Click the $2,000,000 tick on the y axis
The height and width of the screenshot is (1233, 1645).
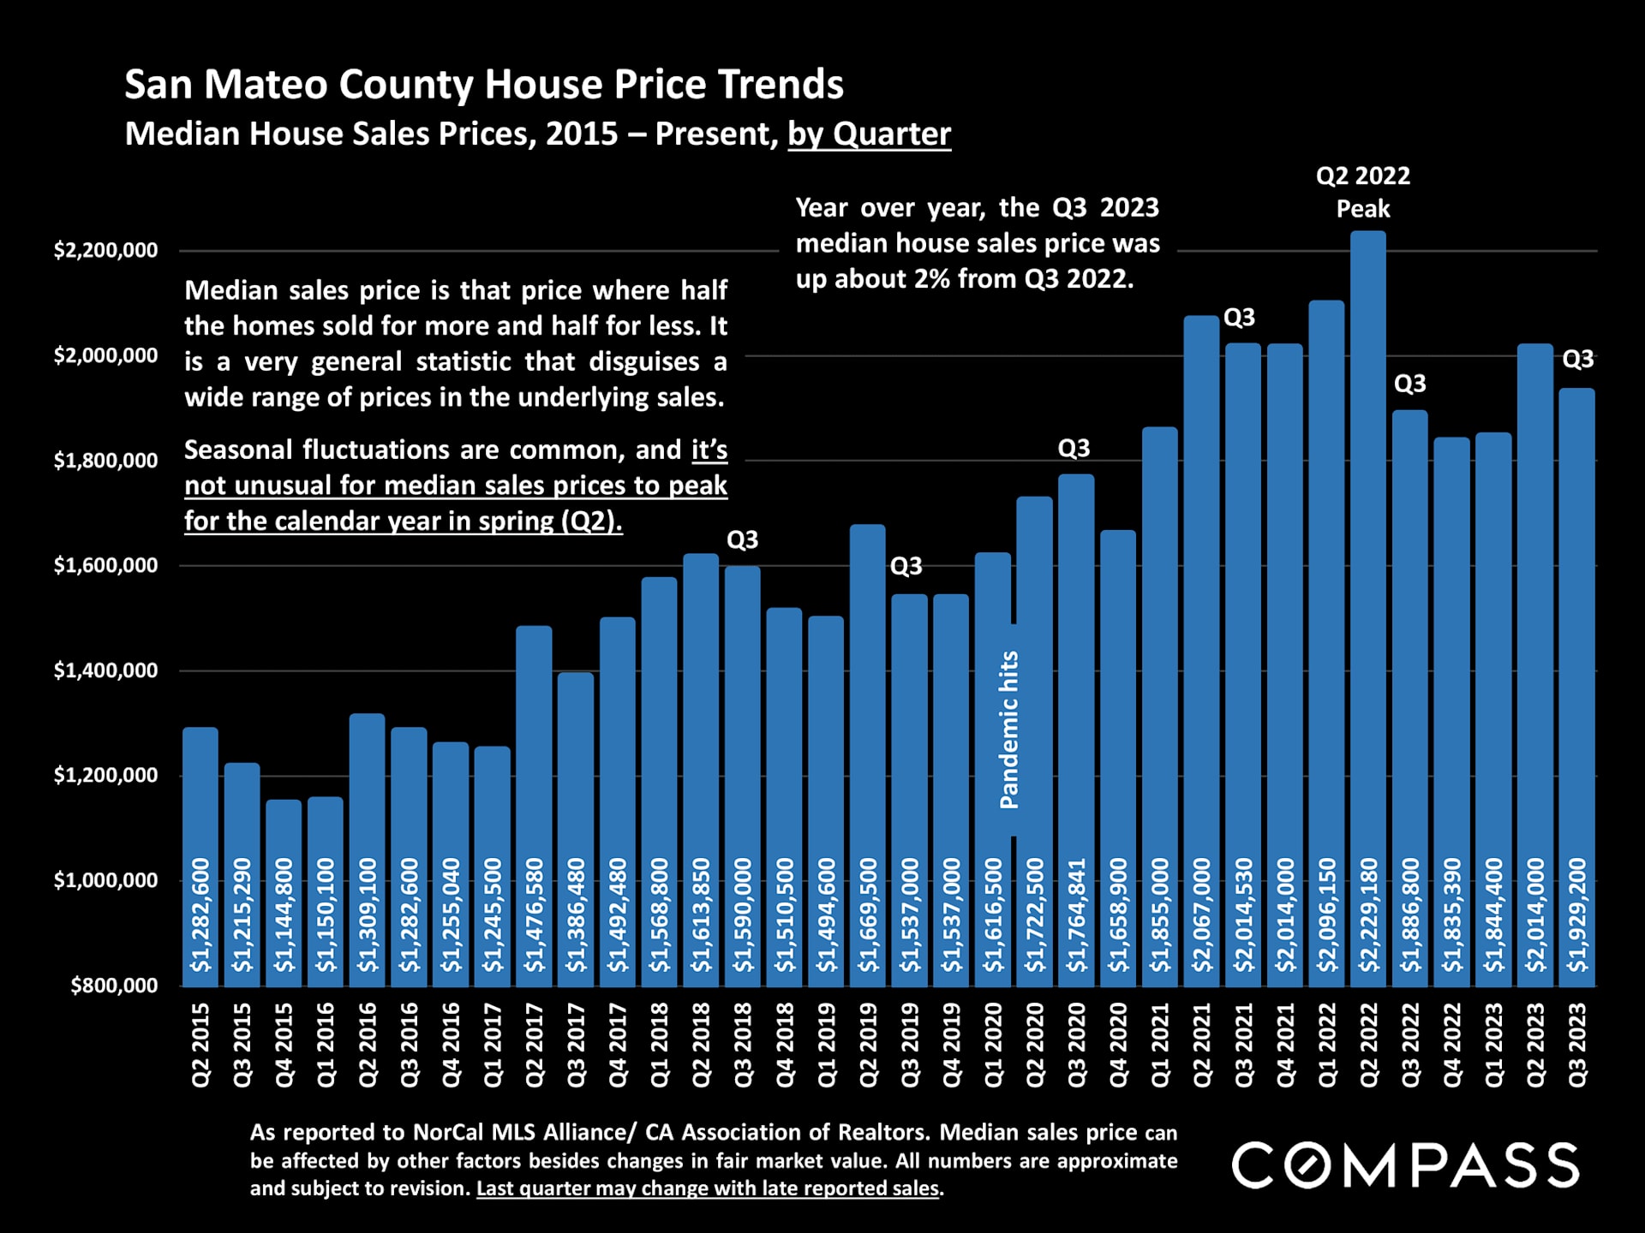click(x=106, y=355)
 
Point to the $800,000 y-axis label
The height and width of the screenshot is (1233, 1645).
click(x=115, y=986)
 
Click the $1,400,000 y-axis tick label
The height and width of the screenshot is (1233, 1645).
click(x=106, y=670)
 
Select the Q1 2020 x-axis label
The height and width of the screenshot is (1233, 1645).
click(x=993, y=1045)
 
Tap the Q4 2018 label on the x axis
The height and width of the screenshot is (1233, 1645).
click(x=785, y=1045)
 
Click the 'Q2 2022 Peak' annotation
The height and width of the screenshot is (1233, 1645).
click(x=1363, y=193)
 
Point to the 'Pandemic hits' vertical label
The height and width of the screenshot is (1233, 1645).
click(x=1010, y=730)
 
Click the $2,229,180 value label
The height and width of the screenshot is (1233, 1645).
click(x=1368, y=914)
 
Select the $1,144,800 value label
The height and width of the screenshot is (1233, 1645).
click(x=284, y=914)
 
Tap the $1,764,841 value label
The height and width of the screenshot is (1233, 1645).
click(x=1076, y=914)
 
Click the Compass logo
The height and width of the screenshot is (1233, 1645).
click(x=1405, y=1164)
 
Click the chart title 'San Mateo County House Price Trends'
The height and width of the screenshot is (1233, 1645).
click(x=484, y=84)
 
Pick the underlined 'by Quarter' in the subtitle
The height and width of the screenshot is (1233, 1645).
click(x=869, y=134)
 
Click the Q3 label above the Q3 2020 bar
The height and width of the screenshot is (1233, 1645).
click(x=1074, y=448)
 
